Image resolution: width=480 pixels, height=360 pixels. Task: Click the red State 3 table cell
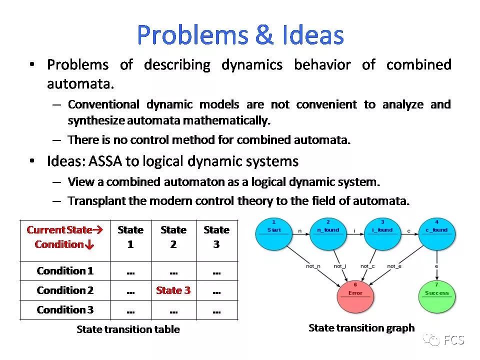point(173,290)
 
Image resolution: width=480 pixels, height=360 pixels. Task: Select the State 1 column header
point(130,237)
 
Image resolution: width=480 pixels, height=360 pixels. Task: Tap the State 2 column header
point(173,237)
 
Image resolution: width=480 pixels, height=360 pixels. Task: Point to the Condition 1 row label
point(65,271)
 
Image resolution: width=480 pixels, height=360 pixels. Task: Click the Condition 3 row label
point(65,310)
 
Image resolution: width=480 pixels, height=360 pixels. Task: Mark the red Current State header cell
point(64,237)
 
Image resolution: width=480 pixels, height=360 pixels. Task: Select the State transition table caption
point(128,329)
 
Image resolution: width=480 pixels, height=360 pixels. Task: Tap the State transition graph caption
point(361,328)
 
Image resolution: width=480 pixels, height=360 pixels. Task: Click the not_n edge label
point(313,266)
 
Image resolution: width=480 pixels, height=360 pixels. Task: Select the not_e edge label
point(394,266)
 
